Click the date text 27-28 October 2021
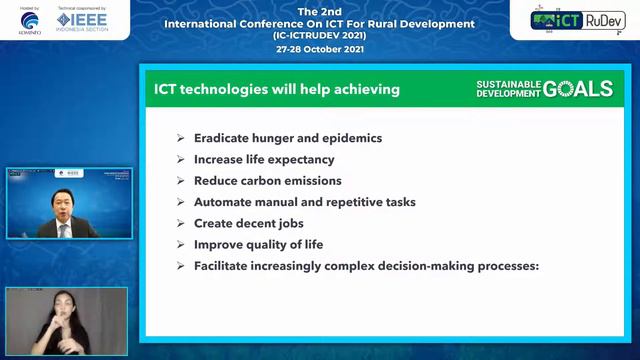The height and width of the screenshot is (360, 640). (320, 46)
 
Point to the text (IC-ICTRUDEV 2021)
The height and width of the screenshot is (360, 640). (320, 35)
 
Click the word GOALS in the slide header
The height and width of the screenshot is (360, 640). (578, 89)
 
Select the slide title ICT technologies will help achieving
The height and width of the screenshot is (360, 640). (277, 89)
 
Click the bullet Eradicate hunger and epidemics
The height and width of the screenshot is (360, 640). (288, 138)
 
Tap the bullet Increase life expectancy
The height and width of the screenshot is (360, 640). (264, 159)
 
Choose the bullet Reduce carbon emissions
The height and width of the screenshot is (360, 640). (267, 181)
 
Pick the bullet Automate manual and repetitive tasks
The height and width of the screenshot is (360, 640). (304, 202)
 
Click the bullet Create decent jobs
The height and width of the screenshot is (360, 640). (248, 223)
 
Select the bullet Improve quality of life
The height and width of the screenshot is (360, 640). (258, 245)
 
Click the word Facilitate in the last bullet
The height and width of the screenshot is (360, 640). (221, 266)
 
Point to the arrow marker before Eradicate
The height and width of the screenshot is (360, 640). (180, 138)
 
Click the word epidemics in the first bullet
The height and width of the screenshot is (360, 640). (351, 138)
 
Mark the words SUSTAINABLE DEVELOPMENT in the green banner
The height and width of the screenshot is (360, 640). (508, 89)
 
